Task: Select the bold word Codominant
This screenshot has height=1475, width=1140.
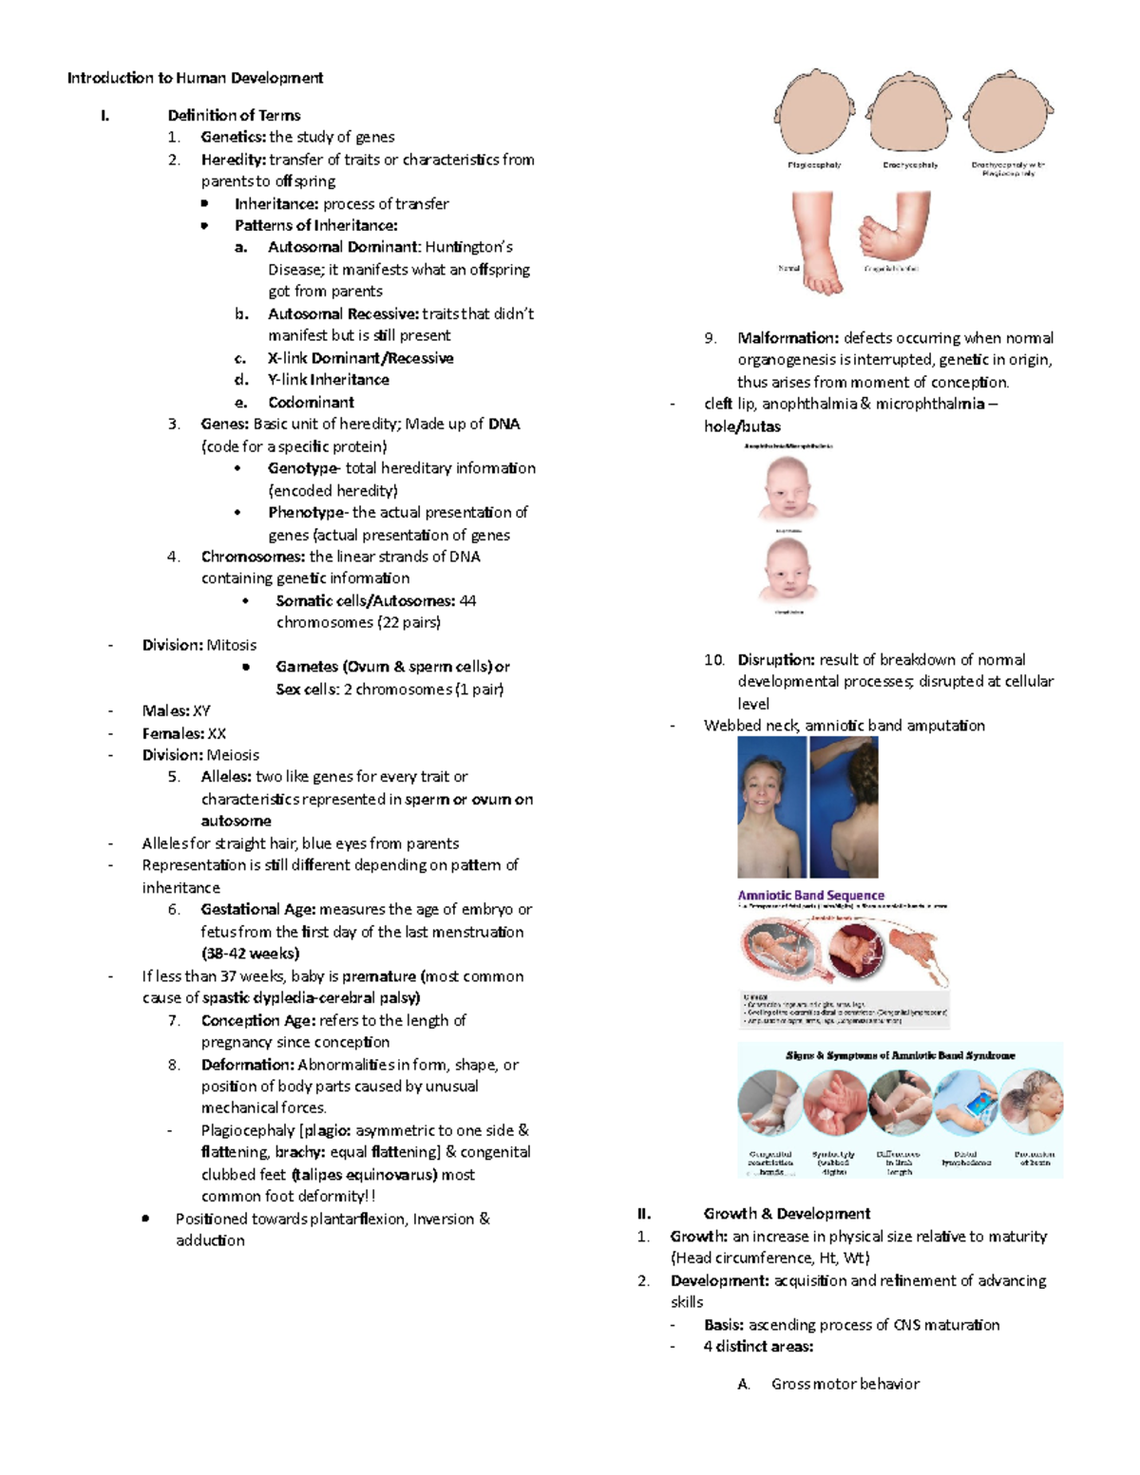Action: click(311, 402)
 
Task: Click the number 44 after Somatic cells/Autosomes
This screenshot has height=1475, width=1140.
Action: click(467, 600)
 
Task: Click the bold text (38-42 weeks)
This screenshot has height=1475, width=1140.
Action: click(250, 954)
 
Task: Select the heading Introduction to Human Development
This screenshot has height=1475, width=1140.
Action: click(195, 78)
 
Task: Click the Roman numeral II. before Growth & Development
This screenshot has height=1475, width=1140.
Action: click(644, 1213)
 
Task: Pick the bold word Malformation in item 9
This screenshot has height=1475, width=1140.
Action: click(788, 337)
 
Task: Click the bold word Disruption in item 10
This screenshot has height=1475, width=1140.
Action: click(776, 659)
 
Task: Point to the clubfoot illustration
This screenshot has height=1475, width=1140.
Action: click(893, 228)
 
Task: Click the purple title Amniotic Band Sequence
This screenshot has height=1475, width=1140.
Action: click(810, 895)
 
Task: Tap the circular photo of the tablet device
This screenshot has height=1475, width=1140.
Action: click(965, 1103)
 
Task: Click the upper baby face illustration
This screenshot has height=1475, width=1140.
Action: click(785, 488)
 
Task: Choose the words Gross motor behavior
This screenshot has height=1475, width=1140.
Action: click(845, 1384)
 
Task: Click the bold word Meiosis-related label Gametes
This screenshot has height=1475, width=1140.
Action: click(307, 667)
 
